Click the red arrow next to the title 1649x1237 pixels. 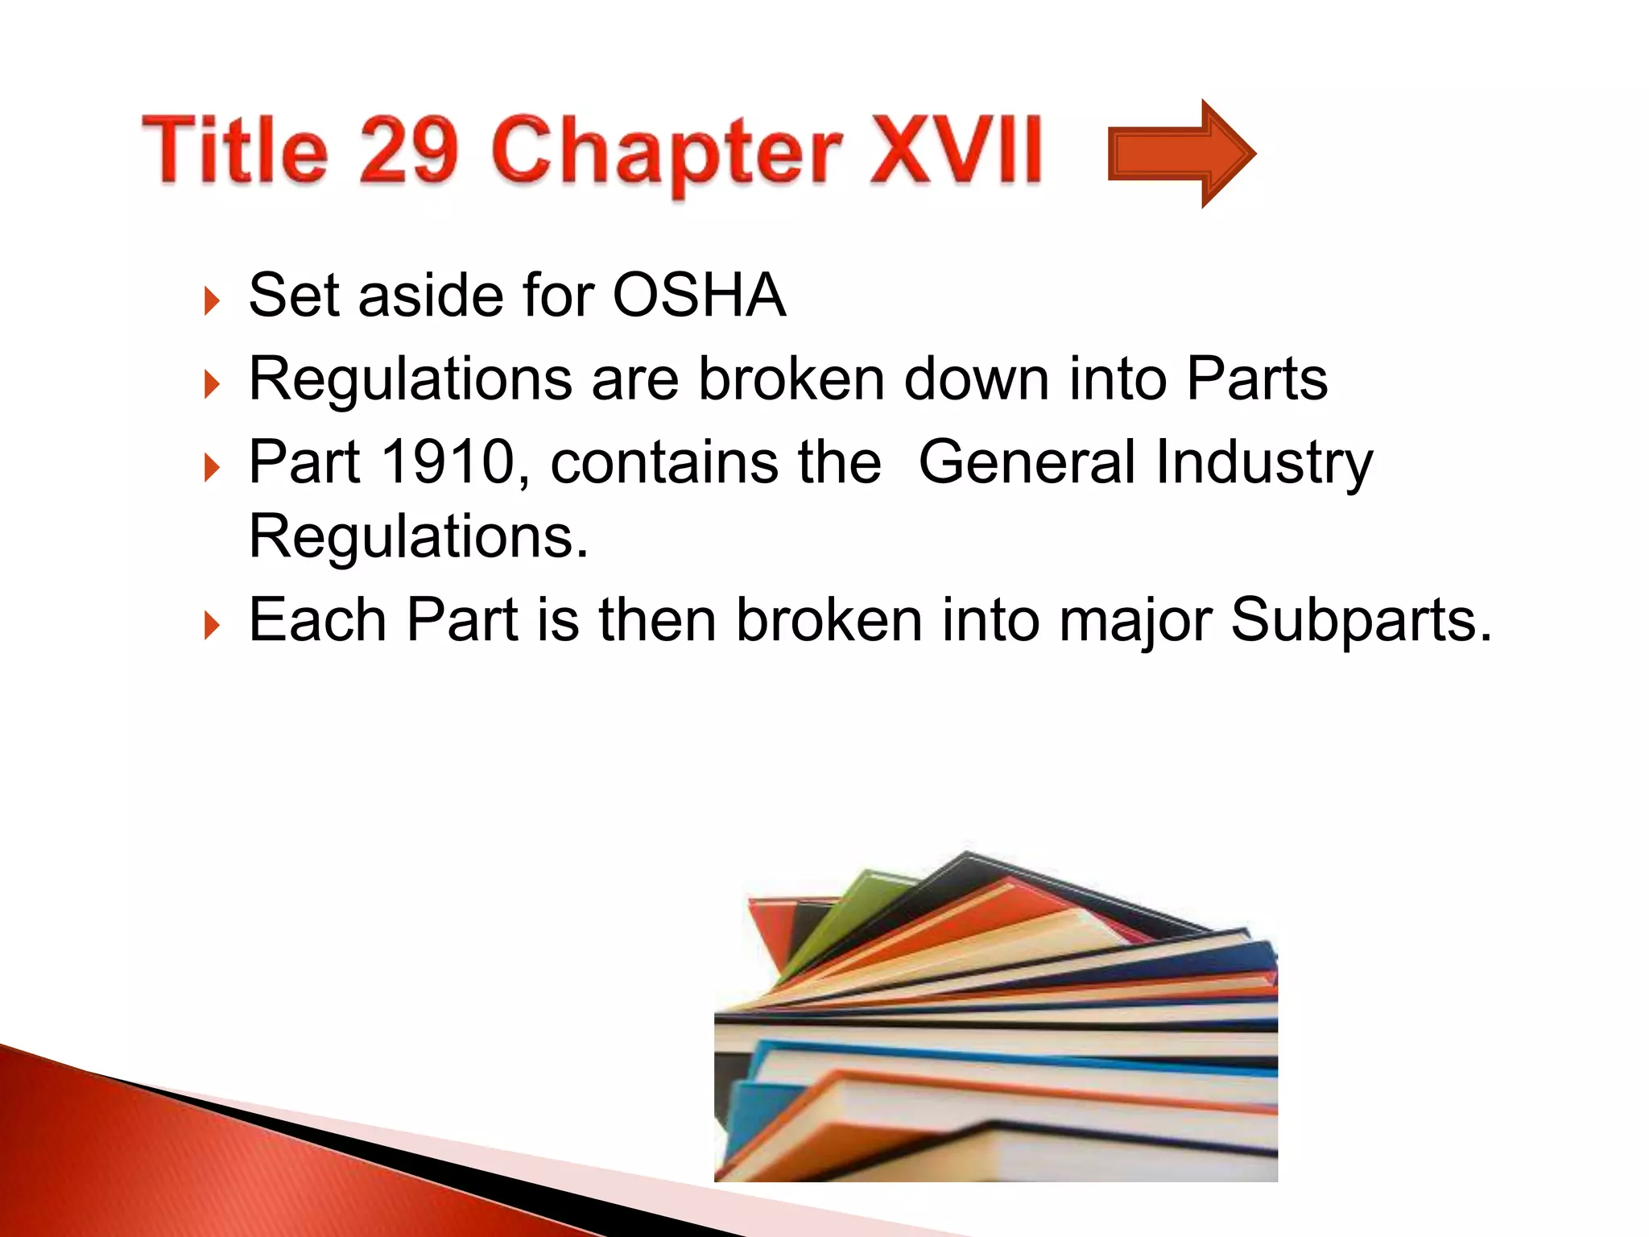click(x=1180, y=153)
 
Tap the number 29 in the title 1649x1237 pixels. click(x=408, y=149)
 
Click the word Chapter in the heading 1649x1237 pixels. click(x=666, y=153)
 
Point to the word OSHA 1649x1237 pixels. click(x=698, y=295)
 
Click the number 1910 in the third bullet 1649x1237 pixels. click(x=448, y=461)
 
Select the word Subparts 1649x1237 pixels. click(x=1361, y=620)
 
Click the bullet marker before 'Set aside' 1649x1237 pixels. click(x=212, y=301)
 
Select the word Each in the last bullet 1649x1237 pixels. click(x=317, y=620)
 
